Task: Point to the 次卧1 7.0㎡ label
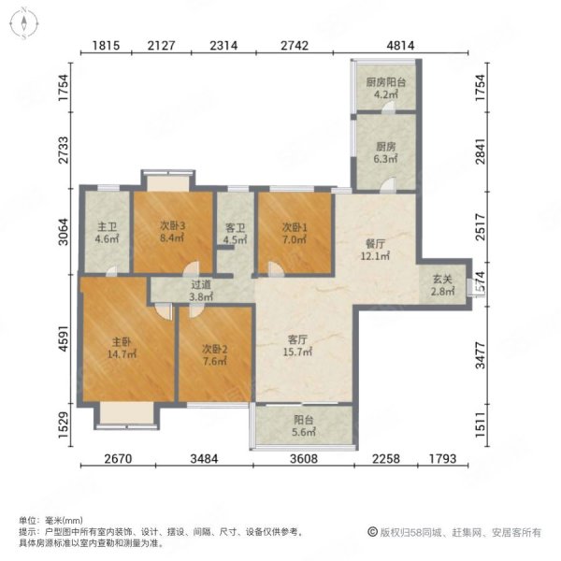pyautogui.click(x=295, y=231)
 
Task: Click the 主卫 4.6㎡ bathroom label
pyautogui.click(x=106, y=230)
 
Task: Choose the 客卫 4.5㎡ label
pyautogui.click(x=235, y=231)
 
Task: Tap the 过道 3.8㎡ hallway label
pyautogui.click(x=202, y=292)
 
